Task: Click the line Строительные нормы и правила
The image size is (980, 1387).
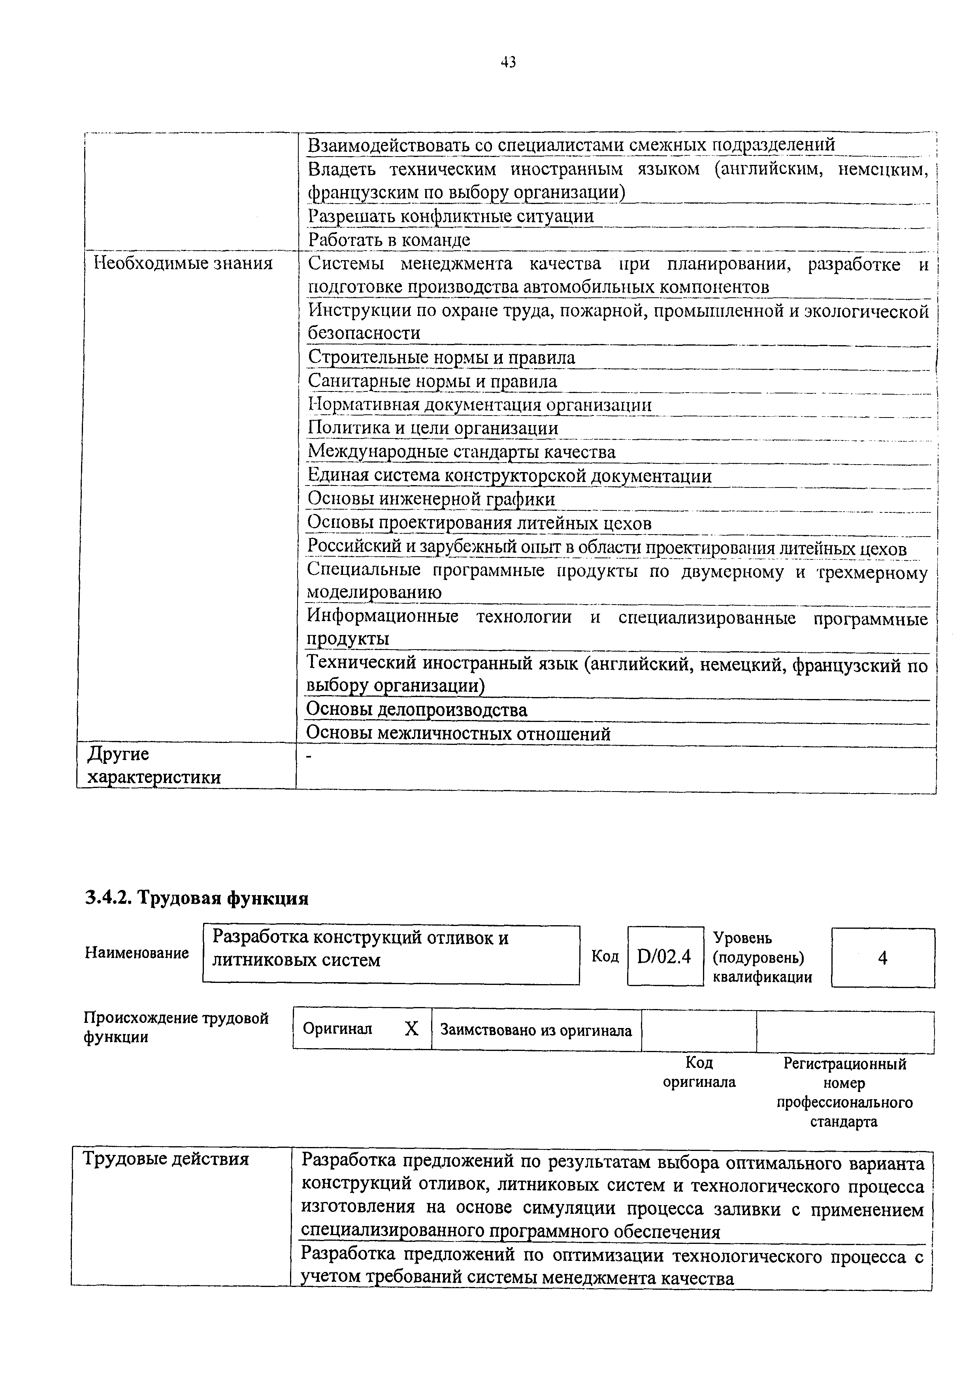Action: [441, 358]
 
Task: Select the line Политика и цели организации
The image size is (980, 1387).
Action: [433, 428]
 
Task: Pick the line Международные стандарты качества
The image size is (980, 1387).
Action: [461, 452]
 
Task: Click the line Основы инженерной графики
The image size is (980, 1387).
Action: [431, 499]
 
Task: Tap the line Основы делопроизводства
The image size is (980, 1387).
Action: [416, 709]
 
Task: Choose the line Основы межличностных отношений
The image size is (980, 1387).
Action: [458, 733]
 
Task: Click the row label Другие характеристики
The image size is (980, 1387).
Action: [154, 765]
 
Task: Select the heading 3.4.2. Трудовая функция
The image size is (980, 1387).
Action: [196, 898]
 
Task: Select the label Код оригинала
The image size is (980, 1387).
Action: [699, 1072]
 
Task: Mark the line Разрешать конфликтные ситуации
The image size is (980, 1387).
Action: [450, 216]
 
